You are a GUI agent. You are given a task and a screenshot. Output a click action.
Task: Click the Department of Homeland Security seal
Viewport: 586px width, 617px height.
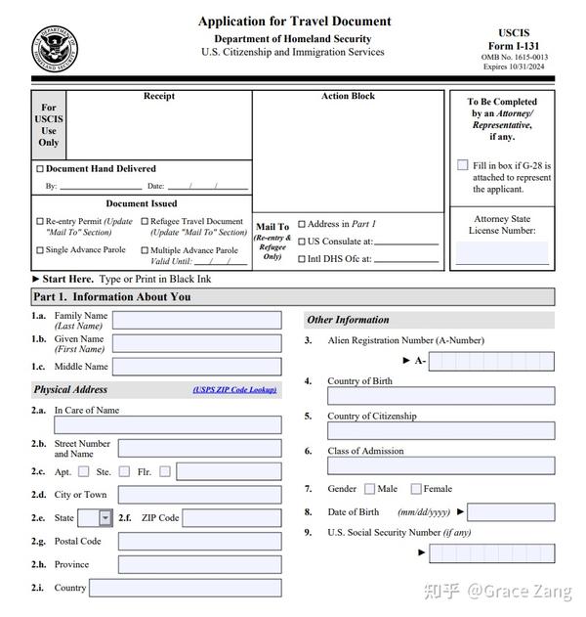point(56,47)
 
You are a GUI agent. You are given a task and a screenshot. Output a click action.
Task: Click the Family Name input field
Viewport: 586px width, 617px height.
point(196,320)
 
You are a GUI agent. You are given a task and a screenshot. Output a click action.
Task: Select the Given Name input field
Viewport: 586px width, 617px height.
point(196,343)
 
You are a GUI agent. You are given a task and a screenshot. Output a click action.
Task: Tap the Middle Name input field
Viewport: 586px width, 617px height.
point(196,367)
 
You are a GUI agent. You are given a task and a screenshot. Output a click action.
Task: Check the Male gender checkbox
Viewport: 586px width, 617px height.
point(369,489)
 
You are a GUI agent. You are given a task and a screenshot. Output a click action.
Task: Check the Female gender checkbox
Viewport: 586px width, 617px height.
point(416,489)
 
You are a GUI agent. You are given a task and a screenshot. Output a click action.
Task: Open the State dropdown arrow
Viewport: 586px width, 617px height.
point(105,518)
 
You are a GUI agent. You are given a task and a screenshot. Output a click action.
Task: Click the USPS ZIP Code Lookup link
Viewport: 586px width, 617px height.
point(234,390)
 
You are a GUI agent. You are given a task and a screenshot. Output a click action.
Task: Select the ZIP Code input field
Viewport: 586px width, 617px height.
point(231,518)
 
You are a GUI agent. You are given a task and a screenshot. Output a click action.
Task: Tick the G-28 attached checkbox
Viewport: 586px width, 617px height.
point(463,165)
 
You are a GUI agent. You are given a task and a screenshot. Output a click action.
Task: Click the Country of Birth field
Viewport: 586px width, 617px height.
point(440,396)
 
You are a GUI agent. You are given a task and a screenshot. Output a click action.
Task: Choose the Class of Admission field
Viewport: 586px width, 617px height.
point(440,465)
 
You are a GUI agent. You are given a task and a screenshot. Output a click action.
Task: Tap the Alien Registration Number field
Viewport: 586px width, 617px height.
point(491,361)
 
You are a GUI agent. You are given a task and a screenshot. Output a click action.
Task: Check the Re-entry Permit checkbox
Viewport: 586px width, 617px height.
point(40,222)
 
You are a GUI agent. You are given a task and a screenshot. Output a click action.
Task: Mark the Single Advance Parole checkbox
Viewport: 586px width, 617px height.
point(40,250)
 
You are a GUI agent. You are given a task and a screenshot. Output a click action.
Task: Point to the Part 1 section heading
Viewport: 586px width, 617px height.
point(112,297)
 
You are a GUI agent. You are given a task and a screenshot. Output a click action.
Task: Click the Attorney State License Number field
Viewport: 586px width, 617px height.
point(502,253)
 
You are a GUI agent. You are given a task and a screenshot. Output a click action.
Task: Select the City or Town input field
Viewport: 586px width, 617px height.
point(199,495)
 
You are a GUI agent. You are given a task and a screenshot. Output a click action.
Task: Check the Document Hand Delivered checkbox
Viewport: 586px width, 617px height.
point(40,169)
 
